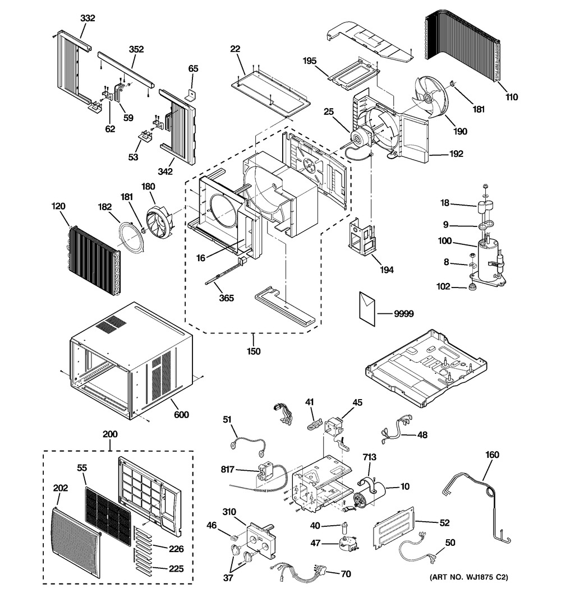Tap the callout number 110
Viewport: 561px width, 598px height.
coord(511,96)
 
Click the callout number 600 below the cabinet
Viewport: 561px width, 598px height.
coord(181,415)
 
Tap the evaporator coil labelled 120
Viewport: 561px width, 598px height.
coord(92,252)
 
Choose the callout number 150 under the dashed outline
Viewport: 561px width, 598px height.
coord(253,351)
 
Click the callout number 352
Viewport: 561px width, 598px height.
coord(136,49)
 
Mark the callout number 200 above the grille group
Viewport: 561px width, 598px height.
coord(110,434)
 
